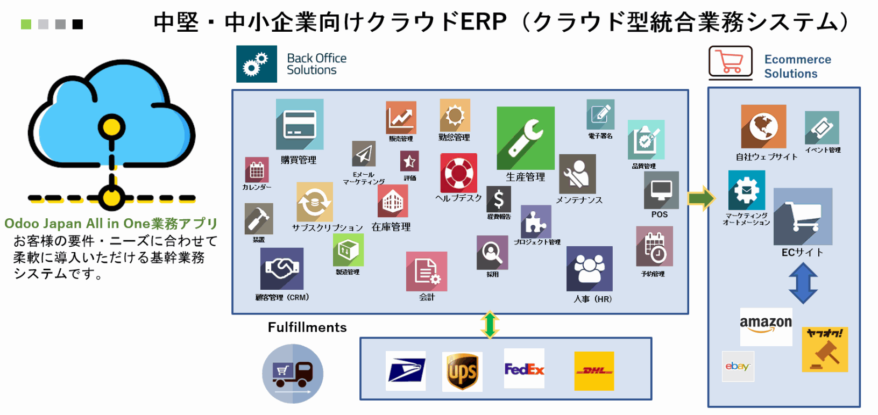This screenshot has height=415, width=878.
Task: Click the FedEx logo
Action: coord(524,369)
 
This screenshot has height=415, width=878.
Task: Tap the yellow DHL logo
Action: coord(594,371)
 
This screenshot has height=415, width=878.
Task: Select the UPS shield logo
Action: coord(462,371)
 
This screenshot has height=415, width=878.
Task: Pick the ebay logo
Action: coord(738,366)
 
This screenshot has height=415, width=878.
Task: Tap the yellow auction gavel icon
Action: coord(825,349)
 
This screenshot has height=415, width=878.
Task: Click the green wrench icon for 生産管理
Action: coord(526,138)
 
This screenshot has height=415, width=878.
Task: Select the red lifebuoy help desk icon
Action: coord(459,173)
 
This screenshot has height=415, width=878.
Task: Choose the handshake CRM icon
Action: coord(282,269)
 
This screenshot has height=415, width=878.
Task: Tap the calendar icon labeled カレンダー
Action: coord(257,170)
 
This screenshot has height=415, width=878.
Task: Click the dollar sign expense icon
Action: coord(499,199)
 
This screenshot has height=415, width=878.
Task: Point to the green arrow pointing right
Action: coord(702,198)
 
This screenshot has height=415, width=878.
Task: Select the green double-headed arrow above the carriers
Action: coord(490,325)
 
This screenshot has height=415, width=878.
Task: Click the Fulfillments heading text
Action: coord(307,327)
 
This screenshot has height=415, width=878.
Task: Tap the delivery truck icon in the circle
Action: coord(293,374)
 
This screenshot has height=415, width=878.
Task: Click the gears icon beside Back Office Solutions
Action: coord(257,64)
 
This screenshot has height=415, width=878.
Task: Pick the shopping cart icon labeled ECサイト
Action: coord(803,216)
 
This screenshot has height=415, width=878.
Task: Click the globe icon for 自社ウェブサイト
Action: coord(763,127)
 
